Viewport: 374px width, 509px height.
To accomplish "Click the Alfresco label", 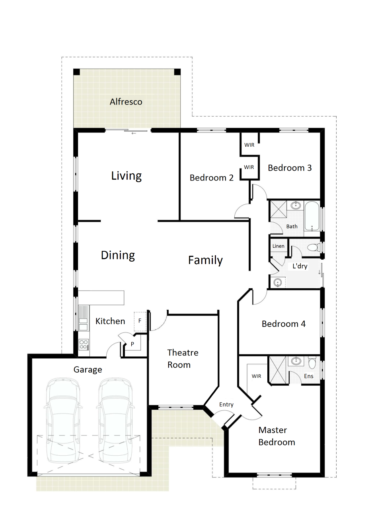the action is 126,102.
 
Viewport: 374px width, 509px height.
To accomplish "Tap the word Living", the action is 127,176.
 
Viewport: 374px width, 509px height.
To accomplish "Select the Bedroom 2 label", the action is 211,178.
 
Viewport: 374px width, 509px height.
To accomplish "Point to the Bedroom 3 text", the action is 290,168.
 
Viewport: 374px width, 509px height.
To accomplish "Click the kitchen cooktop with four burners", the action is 84,345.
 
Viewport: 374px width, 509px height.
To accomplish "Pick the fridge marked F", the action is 140,321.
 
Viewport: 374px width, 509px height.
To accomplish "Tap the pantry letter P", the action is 132,344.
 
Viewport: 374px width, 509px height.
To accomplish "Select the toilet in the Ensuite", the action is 312,362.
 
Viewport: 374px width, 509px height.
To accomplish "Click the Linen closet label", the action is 278,246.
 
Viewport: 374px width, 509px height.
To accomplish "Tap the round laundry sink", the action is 278,283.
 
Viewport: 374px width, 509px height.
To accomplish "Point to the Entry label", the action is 226,405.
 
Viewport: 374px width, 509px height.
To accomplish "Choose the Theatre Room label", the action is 183,359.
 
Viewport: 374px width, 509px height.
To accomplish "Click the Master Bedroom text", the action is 277,436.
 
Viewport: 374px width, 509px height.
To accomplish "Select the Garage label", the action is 88,370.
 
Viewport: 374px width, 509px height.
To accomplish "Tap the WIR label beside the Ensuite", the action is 256,376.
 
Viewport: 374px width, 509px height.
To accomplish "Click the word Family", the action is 205,260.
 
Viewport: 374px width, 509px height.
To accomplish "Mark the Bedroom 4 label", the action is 284,324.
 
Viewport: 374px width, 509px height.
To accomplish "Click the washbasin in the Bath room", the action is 296,206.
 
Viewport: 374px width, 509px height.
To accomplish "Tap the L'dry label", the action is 300,266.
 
